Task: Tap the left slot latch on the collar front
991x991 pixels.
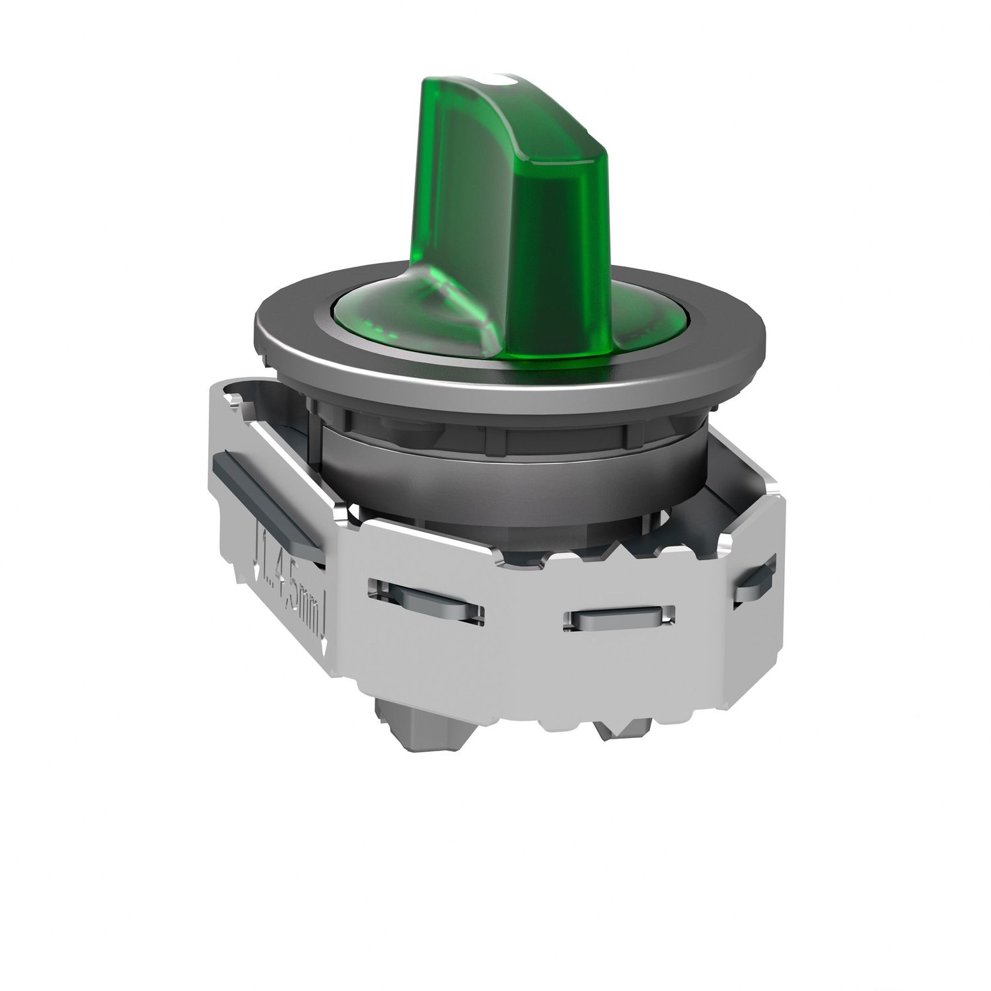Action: coord(426,601)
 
